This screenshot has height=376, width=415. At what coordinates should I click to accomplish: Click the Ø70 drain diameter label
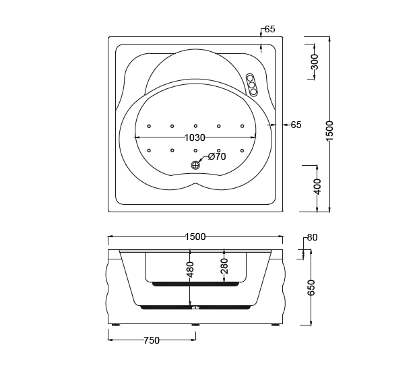(x=217, y=156)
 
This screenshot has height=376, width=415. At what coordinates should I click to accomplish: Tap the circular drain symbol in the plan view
(x=195, y=165)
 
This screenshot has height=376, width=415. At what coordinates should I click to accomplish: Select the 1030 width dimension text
(x=195, y=137)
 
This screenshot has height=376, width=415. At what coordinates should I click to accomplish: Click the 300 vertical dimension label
(x=315, y=61)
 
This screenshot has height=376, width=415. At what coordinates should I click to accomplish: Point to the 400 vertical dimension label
(x=317, y=187)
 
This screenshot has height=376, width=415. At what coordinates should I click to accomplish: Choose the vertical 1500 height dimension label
(x=329, y=131)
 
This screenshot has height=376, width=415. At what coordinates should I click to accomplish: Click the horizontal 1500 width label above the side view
(x=195, y=237)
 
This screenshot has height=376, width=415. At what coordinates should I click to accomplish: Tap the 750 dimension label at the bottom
(x=152, y=340)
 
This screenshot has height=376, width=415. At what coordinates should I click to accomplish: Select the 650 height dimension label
(x=311, y=288)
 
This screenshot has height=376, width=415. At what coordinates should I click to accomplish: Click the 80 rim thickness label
(x=312, y=237)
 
